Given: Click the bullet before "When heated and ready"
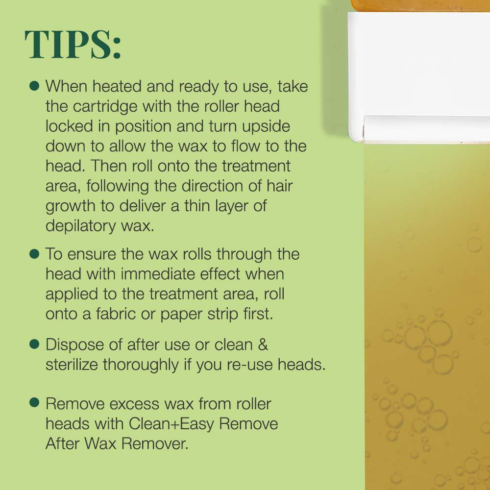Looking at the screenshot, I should tap(34, 85).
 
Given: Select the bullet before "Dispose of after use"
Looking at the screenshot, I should tap(34, 344).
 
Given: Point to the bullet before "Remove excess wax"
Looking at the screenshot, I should tap(34, 403).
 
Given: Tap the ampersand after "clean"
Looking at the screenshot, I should tap(263, 344).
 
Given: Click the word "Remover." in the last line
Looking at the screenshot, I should tap(156, 443).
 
